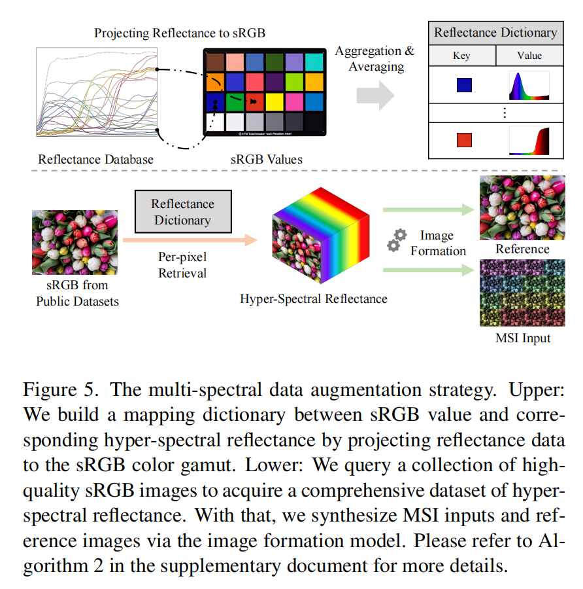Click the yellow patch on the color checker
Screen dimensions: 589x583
coord(273,101)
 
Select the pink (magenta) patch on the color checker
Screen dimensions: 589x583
coord(293,101)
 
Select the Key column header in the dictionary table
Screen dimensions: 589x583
coord(461,56)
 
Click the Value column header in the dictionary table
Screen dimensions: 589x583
coord(529,56)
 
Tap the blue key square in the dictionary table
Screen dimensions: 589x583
coord(463,85)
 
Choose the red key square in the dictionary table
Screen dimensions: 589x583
coord(463,140)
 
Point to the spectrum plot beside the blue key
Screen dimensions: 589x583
coord(529,85)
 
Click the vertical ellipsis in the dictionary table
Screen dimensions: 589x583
coord(503,113)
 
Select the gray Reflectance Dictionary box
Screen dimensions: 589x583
coord(182,212)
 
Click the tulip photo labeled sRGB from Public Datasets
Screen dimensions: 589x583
coord(75,242)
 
